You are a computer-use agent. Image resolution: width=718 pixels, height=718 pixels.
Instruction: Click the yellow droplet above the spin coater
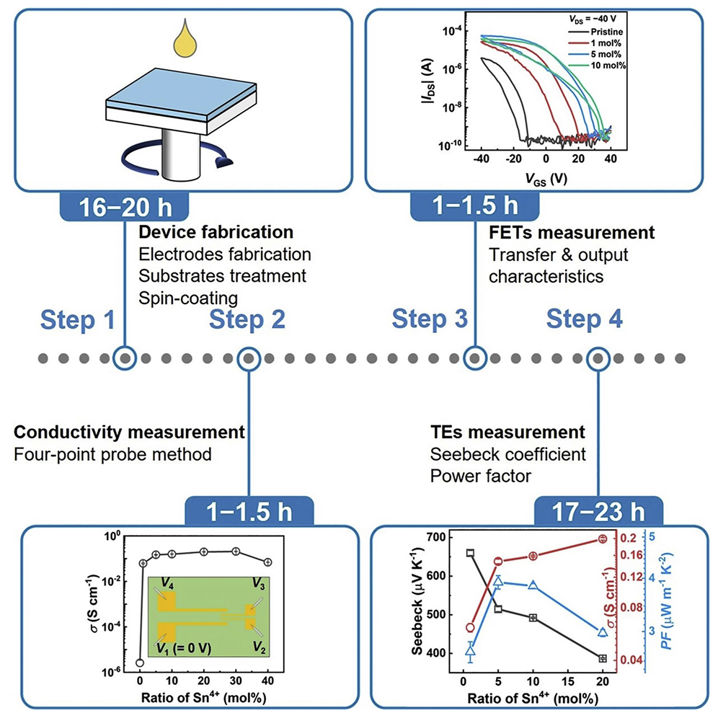coord(179,42)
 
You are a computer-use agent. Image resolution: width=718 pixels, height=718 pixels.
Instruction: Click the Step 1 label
coord(77,319)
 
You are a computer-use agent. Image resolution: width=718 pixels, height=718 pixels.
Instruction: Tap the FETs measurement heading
coord(572,233)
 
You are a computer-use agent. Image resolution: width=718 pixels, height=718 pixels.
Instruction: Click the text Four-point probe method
coord(112,455)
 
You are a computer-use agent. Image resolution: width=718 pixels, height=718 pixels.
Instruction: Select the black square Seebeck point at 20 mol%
coord(603,658)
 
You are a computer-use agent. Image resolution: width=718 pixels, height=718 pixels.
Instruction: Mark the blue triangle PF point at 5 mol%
coord(498,581)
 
